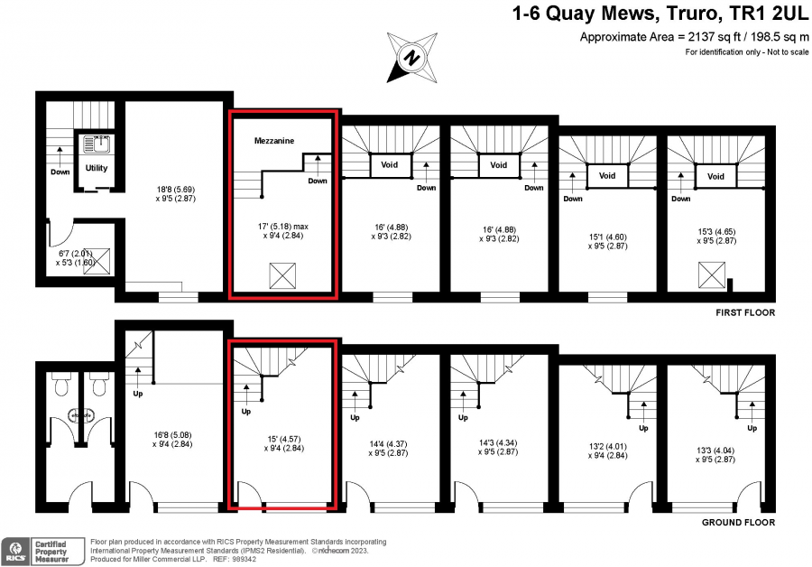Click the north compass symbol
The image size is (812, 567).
[412, 57]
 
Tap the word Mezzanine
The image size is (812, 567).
[274, 141]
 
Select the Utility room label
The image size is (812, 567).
[97, 168]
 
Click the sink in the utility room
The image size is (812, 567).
[97, 144]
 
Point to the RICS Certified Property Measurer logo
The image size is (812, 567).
[43, 552]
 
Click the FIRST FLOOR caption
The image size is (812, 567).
[745, 312]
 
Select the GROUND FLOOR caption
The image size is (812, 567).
[738, 523]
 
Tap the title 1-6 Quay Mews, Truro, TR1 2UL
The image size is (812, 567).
[660, 14]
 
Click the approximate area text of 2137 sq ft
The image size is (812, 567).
[694, 37]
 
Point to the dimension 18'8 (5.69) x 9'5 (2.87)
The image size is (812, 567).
[176, 194]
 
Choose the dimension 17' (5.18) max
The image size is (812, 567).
[283, 227]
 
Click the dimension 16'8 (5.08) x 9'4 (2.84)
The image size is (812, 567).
[172, 440]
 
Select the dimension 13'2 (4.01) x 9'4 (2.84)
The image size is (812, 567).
[607, 451]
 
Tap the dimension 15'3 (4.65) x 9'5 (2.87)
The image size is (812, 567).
[716, 237]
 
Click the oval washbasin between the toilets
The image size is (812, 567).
[81, 415]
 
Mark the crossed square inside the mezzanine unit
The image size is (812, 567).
[282, 275]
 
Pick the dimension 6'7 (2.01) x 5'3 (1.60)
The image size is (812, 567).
[76, 257]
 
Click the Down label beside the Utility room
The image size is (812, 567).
[60, 172]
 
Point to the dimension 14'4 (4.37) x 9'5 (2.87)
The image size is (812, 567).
[388, 449]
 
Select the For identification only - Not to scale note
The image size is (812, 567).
[747, 51]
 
